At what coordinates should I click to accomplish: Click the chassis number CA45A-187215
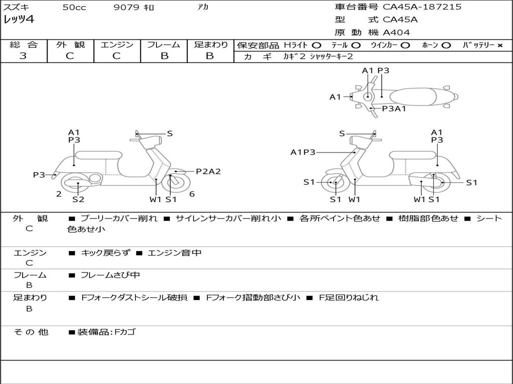click(422, 7)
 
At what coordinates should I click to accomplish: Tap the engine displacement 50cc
click(74, 7)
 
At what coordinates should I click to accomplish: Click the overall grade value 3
click(23, 56)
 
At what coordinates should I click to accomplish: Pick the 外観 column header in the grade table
click(70, 45)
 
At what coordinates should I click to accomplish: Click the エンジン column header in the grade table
click(117, 45)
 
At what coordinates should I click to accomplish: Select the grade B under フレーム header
click(164, 56)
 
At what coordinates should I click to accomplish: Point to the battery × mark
click(499, 45)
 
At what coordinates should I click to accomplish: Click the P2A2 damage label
click(208, 171)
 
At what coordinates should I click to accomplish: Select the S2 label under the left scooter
click(78, 199)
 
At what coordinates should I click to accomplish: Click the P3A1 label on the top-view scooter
click(394, 108)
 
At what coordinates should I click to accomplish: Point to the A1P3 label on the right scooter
click(303, 152)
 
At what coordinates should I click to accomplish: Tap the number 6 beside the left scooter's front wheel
click(192, 194)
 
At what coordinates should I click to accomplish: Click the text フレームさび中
click(110, 275)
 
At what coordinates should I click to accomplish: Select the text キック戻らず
click(105, 253)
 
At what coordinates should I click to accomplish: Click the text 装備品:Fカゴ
click(106, 332)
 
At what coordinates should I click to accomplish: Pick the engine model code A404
click(396, 32)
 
